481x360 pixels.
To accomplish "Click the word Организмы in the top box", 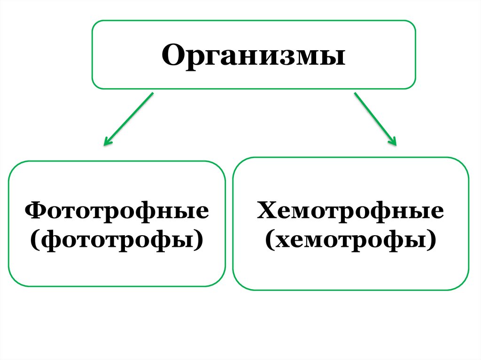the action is (254, 55).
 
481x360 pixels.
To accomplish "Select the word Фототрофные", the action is (117, 212).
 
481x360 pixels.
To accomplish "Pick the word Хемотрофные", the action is (350, 212).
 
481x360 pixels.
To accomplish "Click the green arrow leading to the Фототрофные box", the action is (129, 118).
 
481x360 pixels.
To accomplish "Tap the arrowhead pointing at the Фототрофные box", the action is (108, 141).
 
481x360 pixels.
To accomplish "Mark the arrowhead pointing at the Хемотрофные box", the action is (393, 141).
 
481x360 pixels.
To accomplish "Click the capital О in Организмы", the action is (173, 55).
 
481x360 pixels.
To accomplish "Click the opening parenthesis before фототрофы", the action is (35, 240).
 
